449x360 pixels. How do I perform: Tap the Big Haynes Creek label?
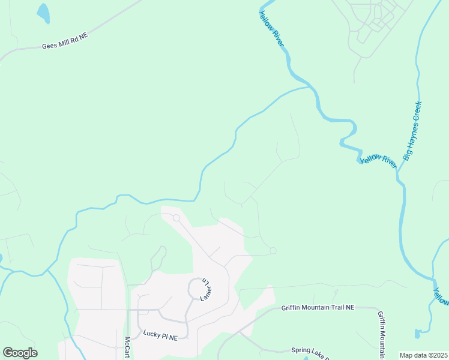[415, 131]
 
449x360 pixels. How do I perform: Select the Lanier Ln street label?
[204, 291]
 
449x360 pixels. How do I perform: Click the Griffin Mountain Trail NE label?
[318, 307]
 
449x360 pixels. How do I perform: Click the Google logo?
[20, 353]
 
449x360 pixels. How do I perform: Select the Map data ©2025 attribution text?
[423, 355]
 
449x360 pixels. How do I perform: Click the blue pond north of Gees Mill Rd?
[43, 11]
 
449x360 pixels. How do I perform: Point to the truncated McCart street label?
[127, 347]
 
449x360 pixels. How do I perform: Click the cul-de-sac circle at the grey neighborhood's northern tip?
[176, 218]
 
